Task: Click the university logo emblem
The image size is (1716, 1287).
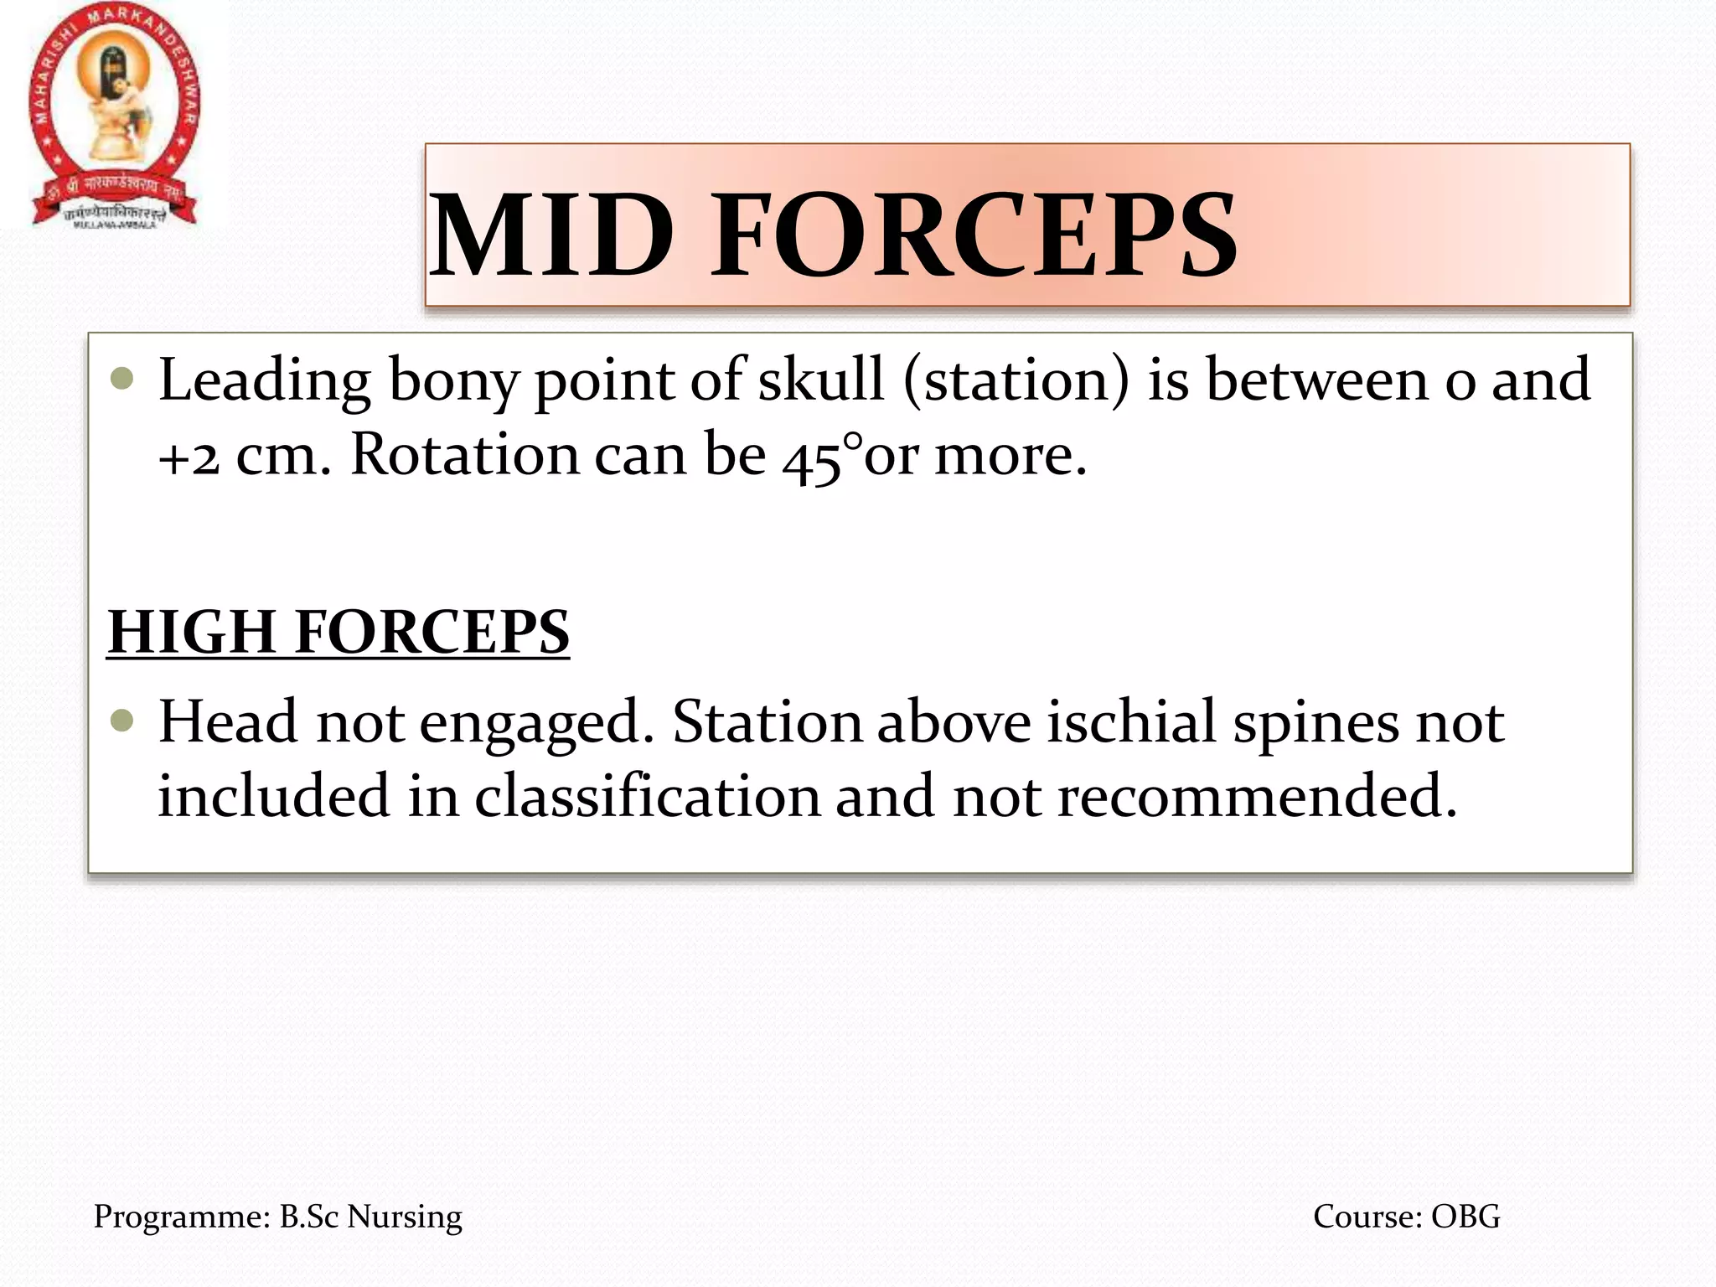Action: tap(115, 116)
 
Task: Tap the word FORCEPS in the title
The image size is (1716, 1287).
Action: tap(974, 235)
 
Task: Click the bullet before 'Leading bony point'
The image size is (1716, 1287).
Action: tap(122, 379)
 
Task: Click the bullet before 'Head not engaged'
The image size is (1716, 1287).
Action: tap(122, 720)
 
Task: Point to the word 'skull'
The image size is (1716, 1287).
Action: tap(821, 380)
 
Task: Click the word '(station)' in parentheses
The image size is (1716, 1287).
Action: tap(1016, 382)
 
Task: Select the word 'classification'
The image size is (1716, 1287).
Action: tap(648, 796)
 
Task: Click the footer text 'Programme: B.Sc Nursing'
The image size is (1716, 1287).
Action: tap(277, 1217)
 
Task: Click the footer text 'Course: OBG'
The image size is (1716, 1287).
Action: tap(1406, 1217)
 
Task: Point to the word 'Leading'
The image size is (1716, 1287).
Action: tap(265, 382)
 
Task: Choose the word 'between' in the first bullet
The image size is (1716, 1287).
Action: tap(1316, 380)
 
